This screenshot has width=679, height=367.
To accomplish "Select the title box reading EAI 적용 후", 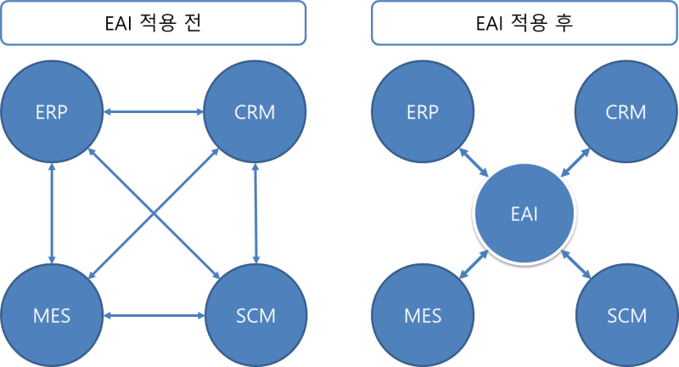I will click(524, 23).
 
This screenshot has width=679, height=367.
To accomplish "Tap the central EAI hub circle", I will click(524, 213).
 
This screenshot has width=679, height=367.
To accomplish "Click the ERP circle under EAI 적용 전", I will click(52, 111).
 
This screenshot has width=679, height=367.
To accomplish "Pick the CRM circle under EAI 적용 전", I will click(254, 111).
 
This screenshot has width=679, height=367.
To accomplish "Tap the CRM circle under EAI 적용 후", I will click(625, 111).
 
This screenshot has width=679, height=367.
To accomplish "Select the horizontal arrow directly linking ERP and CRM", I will click(153, 111).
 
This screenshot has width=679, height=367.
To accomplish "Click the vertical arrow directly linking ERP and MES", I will click(53, 213).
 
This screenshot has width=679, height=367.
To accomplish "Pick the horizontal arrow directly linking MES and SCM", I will click(153, 317).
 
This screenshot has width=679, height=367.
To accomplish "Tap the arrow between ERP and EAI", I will click(472, 161).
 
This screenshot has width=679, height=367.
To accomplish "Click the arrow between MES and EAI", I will click(472, 264).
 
